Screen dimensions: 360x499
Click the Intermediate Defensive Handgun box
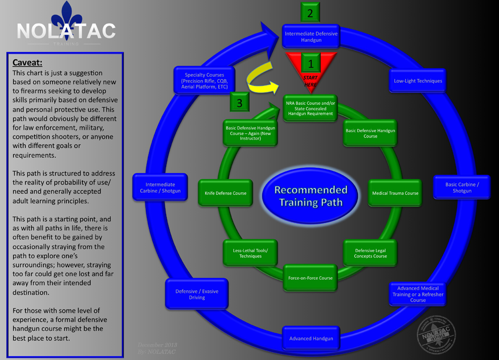click(x=311, y=36)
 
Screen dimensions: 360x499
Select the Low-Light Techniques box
click(x=418, y=81)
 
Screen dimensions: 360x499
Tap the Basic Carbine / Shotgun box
click(x=461, y=188)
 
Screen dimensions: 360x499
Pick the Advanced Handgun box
click(x=311, y=338)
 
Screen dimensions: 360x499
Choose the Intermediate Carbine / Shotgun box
click(x=160, y=188)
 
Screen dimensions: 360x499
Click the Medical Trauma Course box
click(x=395, y=193)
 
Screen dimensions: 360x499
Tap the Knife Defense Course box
click(x=225, y=193)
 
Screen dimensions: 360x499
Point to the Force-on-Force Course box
click(x=310, y=278)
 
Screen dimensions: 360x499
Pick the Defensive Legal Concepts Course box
click(x=370, y=253)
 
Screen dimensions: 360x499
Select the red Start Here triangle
click(x=311, y=68)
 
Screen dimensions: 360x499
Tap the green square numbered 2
click(x=310, y=13)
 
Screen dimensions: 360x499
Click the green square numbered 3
click(x=239, y=103)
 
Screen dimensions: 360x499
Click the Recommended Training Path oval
click(x=310, y=196)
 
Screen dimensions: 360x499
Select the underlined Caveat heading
click(x=28, y=63)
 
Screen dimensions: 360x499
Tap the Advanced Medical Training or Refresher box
click(x=418, y=294)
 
